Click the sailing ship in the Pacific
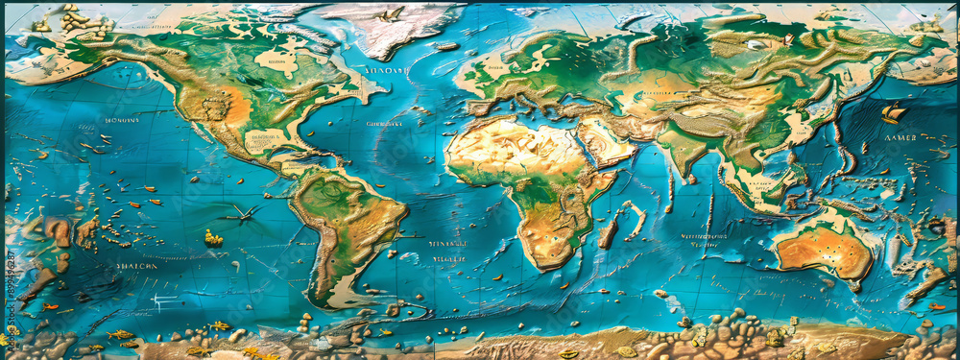[x=894, y=112]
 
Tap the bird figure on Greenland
[x=390, y=14]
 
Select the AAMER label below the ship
[x=905, y=139]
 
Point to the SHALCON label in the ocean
[x=135, y=266]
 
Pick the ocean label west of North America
[x=121, y=121]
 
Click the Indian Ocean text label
[x=705, y=239]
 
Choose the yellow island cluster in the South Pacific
[x=213, y=237]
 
